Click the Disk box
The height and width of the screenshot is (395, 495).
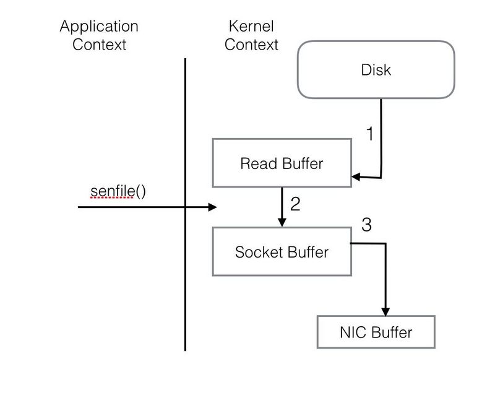(x=376, y=69)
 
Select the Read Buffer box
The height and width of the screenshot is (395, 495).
(x=282, y=163)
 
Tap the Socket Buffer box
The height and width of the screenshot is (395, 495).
(x=282, y=251)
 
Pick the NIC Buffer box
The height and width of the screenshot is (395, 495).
(x=376, y=332)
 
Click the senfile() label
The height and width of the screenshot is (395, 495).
(x=118, y=191)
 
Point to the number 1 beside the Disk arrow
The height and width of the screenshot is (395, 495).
(x=370, y=133)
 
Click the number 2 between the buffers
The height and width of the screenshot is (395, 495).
(x=295, y=204)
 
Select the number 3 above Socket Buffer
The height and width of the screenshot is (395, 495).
(x=366, y=225)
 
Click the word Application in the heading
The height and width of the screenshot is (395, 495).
(x=99, y=27)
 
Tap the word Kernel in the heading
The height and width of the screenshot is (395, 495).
(x=251, y=26)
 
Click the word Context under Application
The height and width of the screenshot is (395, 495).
(x=99, y=44)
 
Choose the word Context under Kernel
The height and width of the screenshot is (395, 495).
(x=251, y=44)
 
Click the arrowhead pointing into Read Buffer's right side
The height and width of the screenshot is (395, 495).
(x=356, y=176)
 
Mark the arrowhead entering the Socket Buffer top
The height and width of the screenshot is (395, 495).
(x=282, y=222)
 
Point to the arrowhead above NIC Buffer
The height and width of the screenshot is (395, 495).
(x=385, y=311)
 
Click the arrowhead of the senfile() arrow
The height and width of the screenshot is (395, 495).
(x=212, y=207)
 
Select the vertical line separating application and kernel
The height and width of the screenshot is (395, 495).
(x=185, y=204)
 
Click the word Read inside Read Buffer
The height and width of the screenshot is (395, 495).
(x=259, y=163)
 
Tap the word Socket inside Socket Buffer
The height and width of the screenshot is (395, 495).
(x=259, y=252)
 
